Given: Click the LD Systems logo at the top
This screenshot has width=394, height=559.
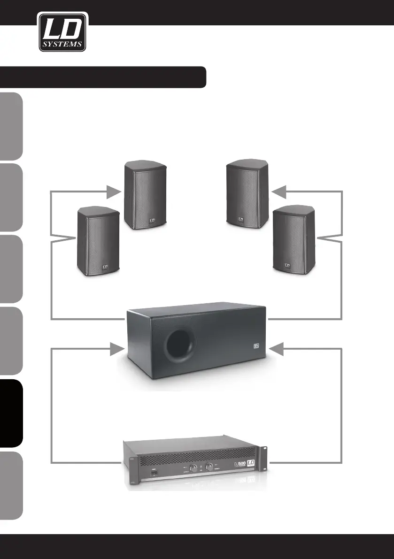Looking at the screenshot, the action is [x=62, y=32].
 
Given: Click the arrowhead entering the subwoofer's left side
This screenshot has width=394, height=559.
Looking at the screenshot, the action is [x=114, y=349].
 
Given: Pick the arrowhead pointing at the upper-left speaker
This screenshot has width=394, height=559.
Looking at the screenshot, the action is [x=114, y=191].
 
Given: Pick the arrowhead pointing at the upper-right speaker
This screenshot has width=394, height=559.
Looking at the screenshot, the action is [x=279, y=191].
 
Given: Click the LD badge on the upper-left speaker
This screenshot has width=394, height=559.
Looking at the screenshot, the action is [x=152, y=219].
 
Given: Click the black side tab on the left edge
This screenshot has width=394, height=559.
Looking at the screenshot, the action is [x=11, y=413].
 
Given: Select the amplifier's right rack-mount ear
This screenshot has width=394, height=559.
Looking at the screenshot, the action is [x=266, y=458].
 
